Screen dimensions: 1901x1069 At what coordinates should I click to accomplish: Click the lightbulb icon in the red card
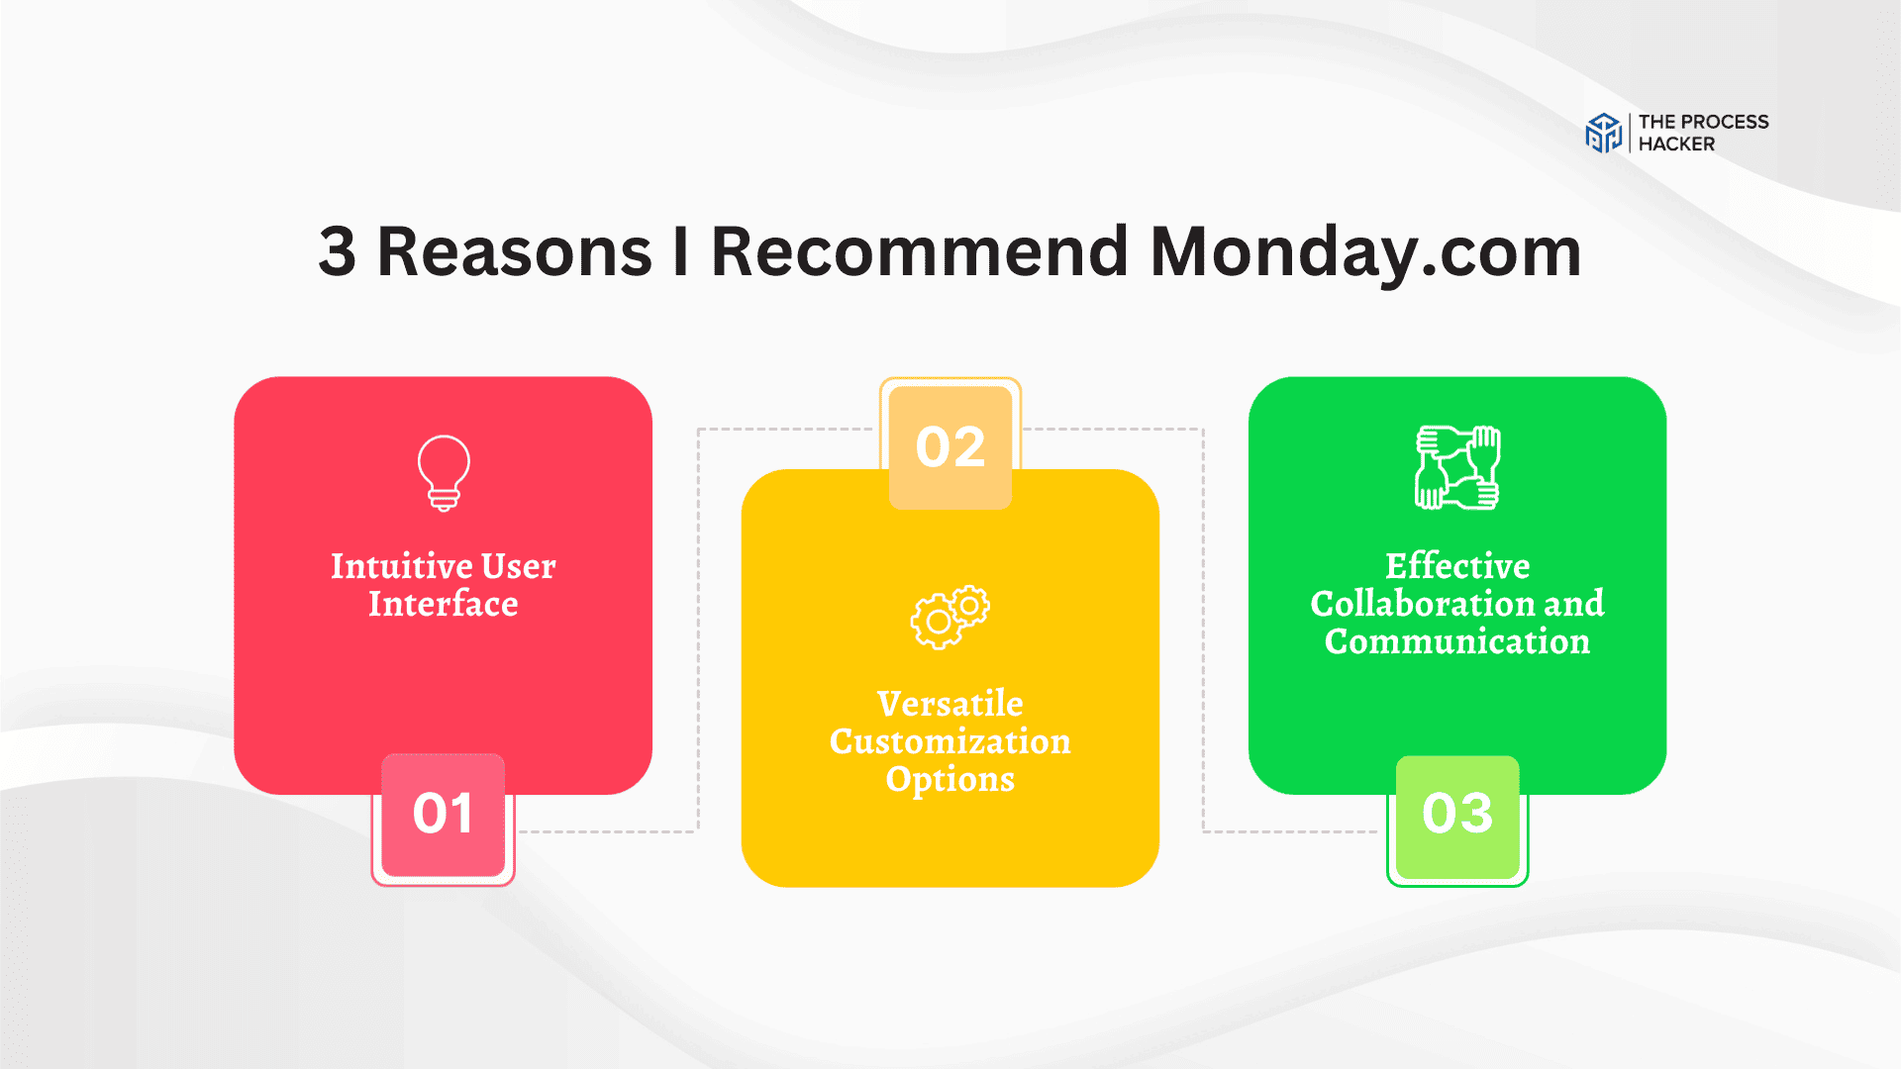(x=444, y=473)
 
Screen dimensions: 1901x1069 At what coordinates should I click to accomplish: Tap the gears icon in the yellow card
(x=950, y=617)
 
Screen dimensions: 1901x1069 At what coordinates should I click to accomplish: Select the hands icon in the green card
(x=1457, y=467)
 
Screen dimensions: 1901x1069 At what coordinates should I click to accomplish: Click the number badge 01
(x=443, y=815)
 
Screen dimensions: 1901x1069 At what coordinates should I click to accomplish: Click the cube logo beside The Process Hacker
(x=1603, y=133)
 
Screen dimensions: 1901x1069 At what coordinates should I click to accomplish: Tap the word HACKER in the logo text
(x=1676, y=145)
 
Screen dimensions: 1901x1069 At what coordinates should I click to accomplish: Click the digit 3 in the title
(x=337, y=251)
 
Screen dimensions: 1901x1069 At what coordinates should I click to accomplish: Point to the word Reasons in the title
(x=515, y=251)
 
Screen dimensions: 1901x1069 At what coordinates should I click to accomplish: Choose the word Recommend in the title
(x=920, y=251)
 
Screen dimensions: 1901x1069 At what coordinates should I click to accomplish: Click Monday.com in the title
(x=1365, y=253)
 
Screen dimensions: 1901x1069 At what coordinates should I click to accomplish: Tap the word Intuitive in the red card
(x=401, y=566)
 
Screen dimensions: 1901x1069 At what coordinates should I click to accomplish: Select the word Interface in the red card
(x=444, y=604)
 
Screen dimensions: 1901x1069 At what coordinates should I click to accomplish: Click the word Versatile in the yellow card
(x=950, y=704)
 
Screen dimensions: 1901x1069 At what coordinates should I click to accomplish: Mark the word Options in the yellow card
(x=950, y=780)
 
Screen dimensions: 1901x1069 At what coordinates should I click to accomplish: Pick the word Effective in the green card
(x=1457, y=566)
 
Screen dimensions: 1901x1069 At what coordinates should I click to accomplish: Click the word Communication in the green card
(x=1457, y=641)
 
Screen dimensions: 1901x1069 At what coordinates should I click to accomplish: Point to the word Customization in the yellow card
(x=950, y=741)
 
